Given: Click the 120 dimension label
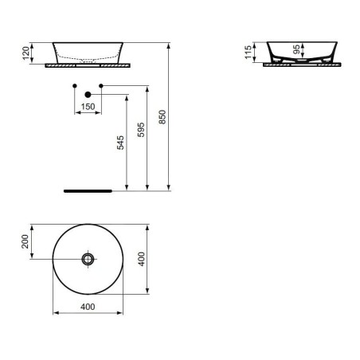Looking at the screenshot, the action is pos(25,53).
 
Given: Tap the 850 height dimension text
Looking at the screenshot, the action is pos(162,117).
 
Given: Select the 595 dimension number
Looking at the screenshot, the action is pos(141,130).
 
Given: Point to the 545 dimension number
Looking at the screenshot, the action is pos(120,143).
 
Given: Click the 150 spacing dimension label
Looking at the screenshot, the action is pos(88,107).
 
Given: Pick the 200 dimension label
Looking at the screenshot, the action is pos(25,241).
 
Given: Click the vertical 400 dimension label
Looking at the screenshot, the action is pos(142,259).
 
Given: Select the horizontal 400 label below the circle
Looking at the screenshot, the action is pos(88,307).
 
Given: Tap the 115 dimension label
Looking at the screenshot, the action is pos(248,53).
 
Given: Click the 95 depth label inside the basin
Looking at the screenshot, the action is pos(296,49).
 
